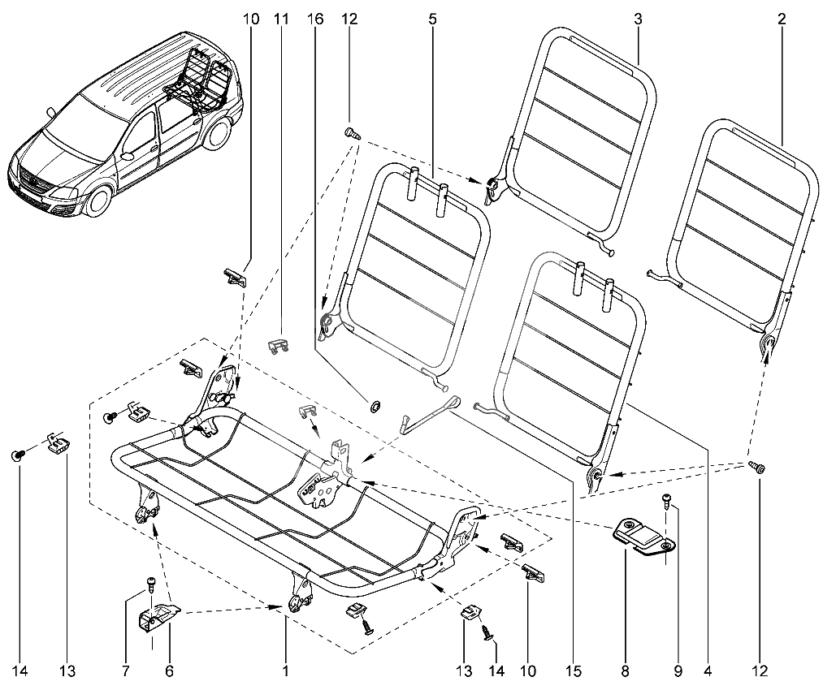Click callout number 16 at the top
(315, 17)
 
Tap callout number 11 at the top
(281, 17)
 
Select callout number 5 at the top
(431, 17)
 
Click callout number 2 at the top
(781, 17)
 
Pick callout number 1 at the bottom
(285, 671)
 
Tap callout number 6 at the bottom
(169, 671)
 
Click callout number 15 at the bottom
(574, 671)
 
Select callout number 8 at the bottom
(624, 671)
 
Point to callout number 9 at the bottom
(676, 671)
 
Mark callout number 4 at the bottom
(708, 671)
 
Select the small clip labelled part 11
(279, 343)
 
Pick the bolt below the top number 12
(353, 132)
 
